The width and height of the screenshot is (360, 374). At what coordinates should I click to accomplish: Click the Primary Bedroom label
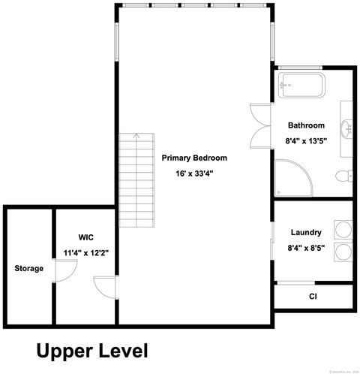pyautogui.click(x=193, y=158)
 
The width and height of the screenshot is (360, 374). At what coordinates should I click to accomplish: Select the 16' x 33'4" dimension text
pyautogui.click(x=193, y=174)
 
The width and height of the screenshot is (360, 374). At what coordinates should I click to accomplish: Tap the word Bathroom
pyautogui.click(x=306, y=125)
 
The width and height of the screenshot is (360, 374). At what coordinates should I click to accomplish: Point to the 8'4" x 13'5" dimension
pyautogui.click(x=306, y=140)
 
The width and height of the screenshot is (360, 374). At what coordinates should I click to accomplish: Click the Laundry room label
pyautogui.click(x=306, y=233)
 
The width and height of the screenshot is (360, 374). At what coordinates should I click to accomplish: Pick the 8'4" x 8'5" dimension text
pyautogui.click(x=306, y=248)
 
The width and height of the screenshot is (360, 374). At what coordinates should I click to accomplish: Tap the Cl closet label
pyautogui.click(x=313, y=297)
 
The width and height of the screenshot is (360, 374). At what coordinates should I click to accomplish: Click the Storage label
pyautogui.click(x=28, y=268)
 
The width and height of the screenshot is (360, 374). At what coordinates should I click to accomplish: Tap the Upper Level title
pyautogui.click(x=92, y=350)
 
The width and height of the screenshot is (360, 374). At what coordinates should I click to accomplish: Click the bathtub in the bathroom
pyautogui.click(x=300, y=86)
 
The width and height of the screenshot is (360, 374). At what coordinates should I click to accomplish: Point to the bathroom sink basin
pyautogui.click(x=348, y=131)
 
